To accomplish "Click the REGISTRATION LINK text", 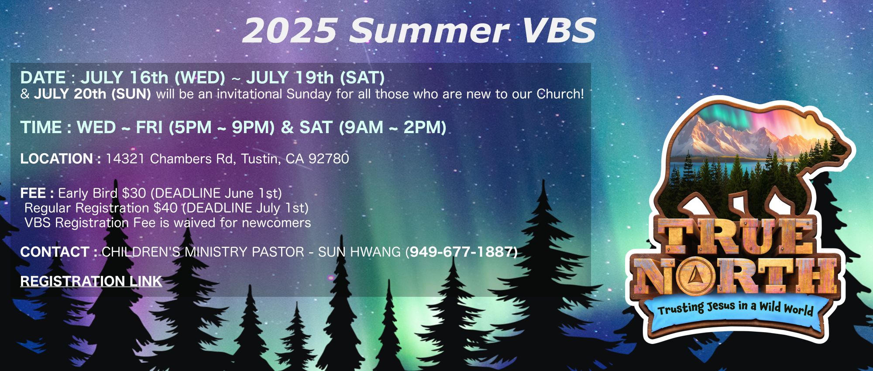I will [91, 281].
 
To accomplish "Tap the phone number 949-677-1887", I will [463, 252].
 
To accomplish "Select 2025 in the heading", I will [290, 31].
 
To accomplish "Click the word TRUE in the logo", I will [736, 237].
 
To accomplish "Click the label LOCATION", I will [57, 158].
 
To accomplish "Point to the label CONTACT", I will [55, 252].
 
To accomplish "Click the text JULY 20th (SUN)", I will [92, 94].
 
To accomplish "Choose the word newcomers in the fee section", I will [276, 223].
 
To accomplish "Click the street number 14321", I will [125, 158].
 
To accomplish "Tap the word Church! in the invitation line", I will [560, 94].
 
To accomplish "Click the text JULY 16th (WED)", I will [153, 78].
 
